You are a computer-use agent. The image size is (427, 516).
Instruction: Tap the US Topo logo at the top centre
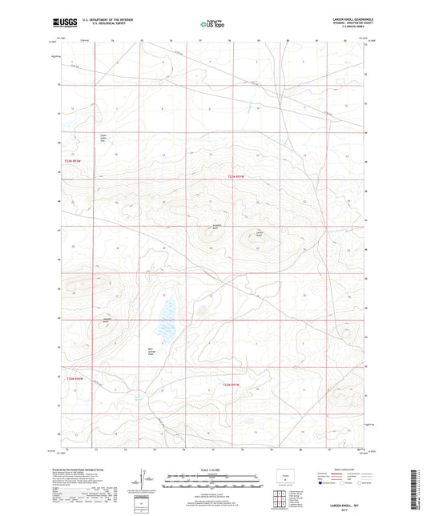tap(211, 24)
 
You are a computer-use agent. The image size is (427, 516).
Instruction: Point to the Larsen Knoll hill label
tap(259, 234)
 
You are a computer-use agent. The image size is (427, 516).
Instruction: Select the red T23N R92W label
tap(73, 162)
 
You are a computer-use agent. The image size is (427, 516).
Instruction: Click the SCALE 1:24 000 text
tap(213, 470)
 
